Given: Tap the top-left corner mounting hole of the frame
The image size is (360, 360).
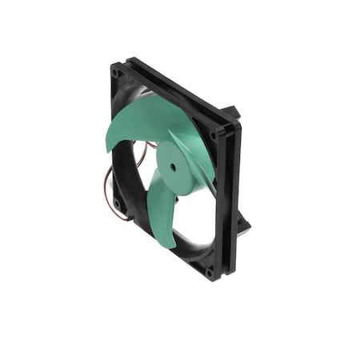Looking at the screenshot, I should pos(115,73).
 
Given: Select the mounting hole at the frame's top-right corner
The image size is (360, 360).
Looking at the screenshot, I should pos(214,134).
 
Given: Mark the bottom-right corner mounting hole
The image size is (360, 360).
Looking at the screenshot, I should pos(210,270).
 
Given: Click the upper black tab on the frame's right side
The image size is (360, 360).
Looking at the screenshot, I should pos(232,112).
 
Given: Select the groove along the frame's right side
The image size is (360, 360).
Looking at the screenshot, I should pos(227,200).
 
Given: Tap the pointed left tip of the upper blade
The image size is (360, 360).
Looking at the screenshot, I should pos(108,149).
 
